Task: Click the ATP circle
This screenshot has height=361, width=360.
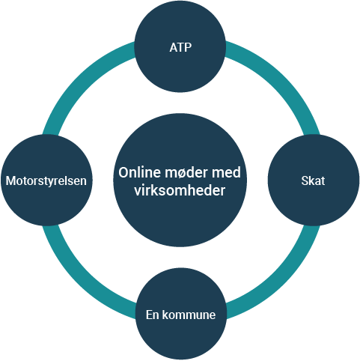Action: (180, 46)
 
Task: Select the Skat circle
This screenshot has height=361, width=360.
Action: (314, 180)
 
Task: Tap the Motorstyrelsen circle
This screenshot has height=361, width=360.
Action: (46, 180)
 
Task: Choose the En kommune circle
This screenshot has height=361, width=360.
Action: (181, 314)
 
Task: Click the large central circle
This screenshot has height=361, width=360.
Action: (180, 180)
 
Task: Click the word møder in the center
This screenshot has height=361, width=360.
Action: (182, 172)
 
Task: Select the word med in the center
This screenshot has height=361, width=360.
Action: (226, 172)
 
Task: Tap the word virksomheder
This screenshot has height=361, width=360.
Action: (180, 190)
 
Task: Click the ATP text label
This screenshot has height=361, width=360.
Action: (180, 47)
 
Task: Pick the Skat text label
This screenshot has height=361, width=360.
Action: (313, 180)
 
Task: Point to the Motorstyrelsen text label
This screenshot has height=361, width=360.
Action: (46, 180)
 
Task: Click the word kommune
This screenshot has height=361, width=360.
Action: (189, 315)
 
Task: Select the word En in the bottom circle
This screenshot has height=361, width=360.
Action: (153, 315)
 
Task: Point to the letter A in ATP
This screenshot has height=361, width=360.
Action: (174, 47)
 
